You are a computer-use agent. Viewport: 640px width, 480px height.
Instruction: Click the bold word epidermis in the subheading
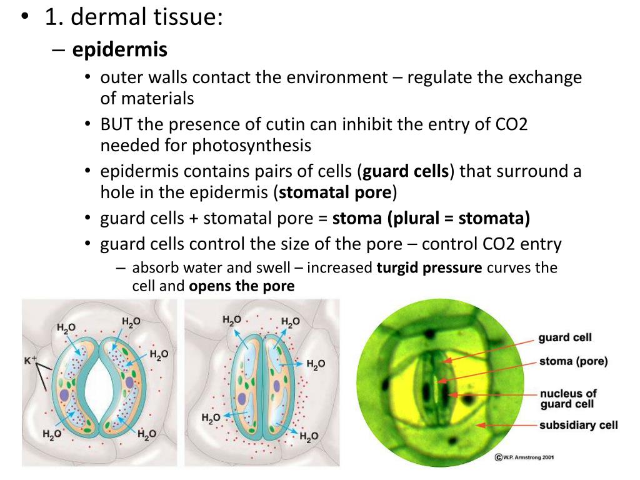point(120,49)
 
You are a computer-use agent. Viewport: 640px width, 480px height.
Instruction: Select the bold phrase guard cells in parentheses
point(406,171)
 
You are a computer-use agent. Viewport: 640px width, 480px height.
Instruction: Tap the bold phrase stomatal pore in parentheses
point(335,192)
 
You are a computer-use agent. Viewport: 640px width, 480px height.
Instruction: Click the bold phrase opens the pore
point(241,287)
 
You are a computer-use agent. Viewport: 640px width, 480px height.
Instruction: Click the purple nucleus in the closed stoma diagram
point(242,398)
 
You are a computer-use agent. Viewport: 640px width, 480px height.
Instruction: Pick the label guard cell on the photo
point(565,338)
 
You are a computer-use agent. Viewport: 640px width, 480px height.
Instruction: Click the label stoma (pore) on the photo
point(573,361)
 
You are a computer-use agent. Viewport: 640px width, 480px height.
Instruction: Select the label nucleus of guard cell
point(568,399)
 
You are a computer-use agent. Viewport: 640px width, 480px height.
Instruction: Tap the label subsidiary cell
point(578,426)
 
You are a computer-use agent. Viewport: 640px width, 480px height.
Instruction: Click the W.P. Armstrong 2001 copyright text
point(524,457)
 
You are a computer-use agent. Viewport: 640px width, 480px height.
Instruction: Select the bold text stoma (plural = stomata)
point(431,219)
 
